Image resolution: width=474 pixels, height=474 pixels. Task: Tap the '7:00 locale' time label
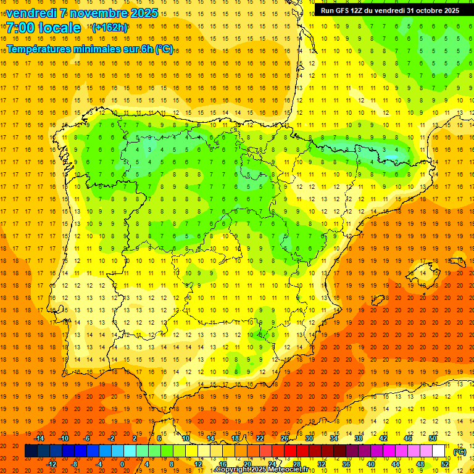43,28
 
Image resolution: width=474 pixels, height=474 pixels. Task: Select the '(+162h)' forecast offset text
110,27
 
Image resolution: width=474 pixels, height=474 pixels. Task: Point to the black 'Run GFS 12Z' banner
389,10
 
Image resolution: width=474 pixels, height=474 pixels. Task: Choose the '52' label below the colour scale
445,464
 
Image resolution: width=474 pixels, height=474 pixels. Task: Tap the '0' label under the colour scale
122,464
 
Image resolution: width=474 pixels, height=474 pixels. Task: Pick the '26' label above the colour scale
285,438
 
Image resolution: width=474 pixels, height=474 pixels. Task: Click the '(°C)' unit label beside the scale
460,452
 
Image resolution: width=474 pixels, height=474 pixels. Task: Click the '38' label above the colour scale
359,438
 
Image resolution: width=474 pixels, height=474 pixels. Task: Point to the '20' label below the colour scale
247,464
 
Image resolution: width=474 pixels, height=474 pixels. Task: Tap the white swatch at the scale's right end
439,451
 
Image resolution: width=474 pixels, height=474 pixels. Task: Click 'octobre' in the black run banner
420,10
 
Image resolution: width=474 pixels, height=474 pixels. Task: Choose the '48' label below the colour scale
420,464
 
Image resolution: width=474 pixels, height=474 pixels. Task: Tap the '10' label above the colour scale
186,438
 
